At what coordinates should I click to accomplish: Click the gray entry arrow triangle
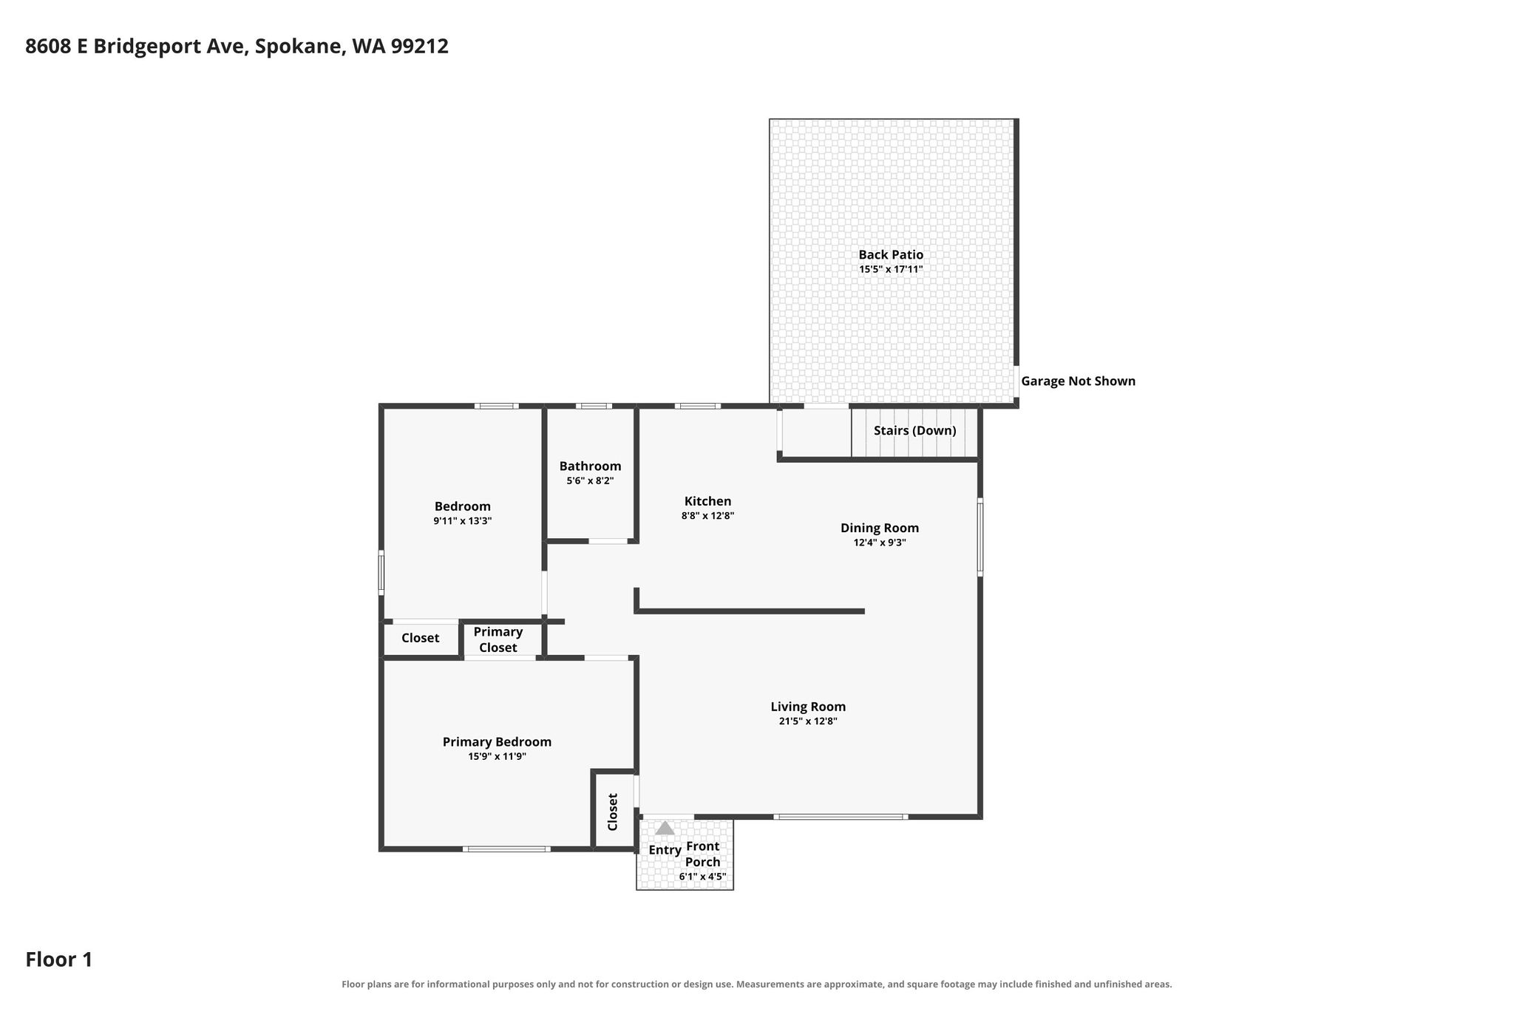coord(665,828)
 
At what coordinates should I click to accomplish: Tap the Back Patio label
coord(891,255)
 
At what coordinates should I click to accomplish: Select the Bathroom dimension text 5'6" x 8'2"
coord(590,480)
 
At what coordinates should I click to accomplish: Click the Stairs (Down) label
coord(915,430)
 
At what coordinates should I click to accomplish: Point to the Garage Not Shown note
coord(1078,381)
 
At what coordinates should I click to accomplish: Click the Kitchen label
coord(707,501)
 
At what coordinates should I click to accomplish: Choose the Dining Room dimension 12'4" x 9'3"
coord(880,543)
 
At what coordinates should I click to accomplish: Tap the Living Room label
coord(808,707)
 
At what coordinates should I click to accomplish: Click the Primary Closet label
coord(498,639)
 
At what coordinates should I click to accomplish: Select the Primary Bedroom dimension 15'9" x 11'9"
coord(497,756)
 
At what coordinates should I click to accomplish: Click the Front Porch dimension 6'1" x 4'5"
coord(702,877)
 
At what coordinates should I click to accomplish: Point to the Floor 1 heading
coord(59,959)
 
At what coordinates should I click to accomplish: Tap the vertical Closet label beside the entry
coord(613,812)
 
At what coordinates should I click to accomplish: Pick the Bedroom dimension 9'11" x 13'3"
coord(463,521)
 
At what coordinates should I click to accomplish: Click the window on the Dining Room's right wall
coord(980,537)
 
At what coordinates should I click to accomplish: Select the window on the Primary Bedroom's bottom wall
coord(506,849)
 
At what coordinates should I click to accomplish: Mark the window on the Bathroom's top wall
coord(594,406)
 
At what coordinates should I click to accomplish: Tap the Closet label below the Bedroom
coord(420,638)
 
